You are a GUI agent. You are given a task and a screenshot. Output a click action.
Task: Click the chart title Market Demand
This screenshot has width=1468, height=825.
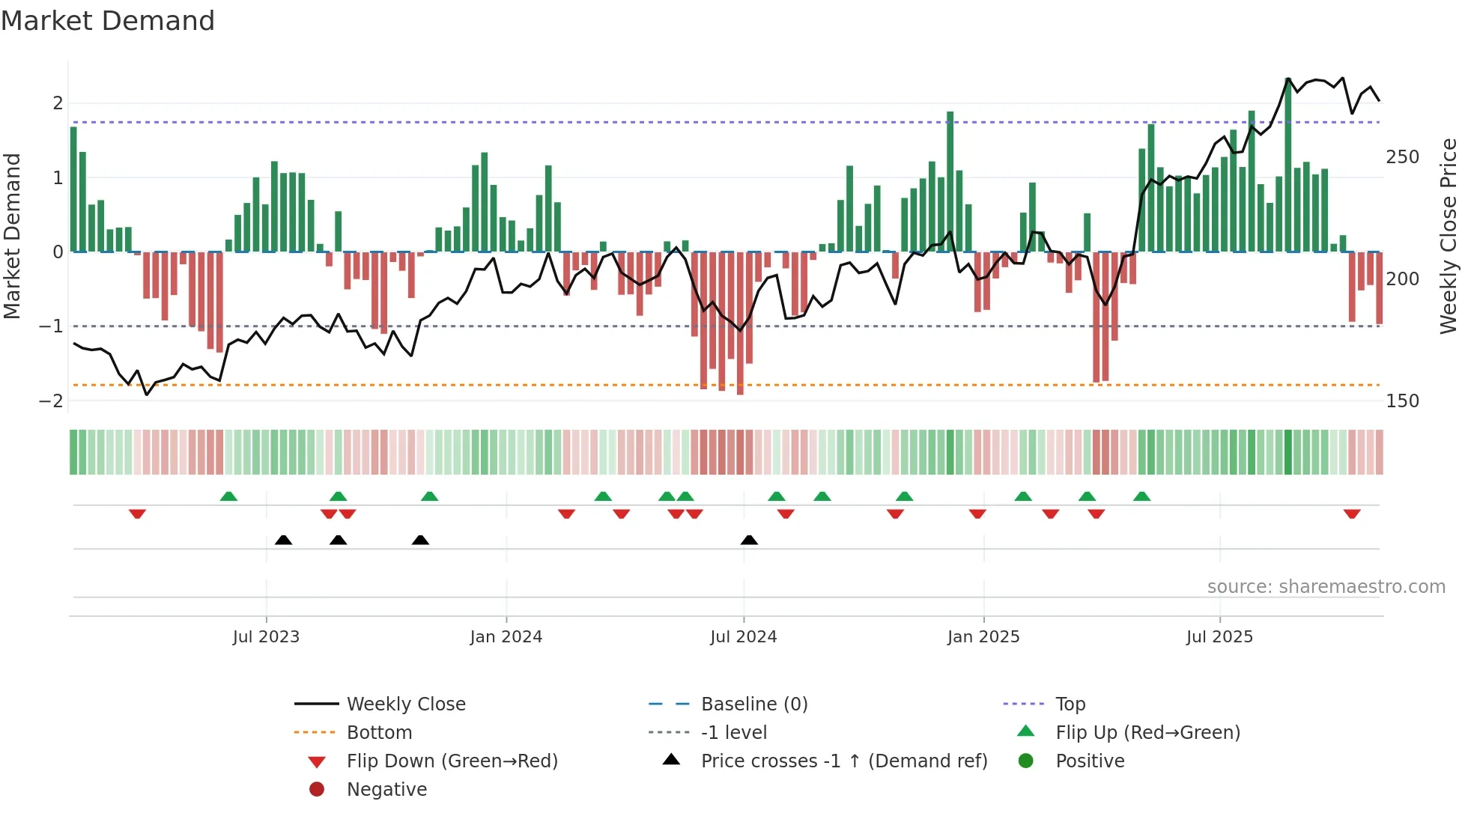(x=108, y=21)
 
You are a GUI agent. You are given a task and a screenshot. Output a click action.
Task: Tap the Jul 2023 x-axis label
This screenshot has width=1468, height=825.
(x=266, y=637)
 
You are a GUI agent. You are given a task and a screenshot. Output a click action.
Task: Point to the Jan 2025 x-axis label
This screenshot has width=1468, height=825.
(x=983, y=637)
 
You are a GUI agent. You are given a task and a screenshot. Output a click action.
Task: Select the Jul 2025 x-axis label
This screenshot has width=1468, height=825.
(x=1219, y=637)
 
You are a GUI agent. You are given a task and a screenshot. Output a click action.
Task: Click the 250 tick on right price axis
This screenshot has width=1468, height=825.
(x=1402, y=157)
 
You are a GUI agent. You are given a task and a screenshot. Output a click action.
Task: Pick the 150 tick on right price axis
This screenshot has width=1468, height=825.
(x=1402, y=401)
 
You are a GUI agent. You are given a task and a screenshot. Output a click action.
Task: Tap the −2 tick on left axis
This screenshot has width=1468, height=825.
(x=51, y=401)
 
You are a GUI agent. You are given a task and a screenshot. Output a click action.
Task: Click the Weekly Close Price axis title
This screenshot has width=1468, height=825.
(x=1449, y=236)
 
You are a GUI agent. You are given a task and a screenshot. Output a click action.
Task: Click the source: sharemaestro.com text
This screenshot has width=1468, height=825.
(x=1326, y=587)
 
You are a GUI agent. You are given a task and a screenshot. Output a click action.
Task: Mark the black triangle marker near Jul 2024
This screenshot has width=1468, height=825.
(x=749, y=540)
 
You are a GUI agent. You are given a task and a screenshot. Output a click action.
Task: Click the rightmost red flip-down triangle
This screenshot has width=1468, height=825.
(x=1351, y=514)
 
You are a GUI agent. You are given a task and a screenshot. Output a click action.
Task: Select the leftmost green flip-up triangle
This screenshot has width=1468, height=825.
(x=228, y=496)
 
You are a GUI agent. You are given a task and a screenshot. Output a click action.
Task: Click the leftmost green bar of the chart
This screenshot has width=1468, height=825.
(x=73, y=189)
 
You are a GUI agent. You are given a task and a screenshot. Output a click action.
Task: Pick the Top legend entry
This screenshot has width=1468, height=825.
(x=1070, y=704)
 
